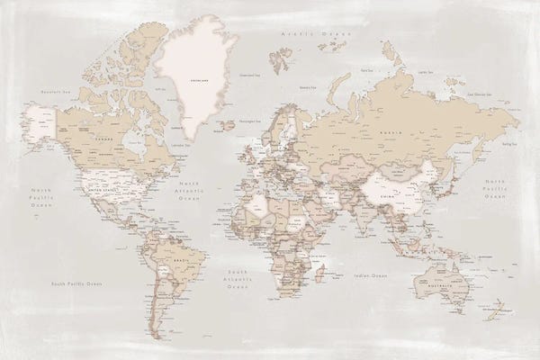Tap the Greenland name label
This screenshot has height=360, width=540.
(x=197, y=78)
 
